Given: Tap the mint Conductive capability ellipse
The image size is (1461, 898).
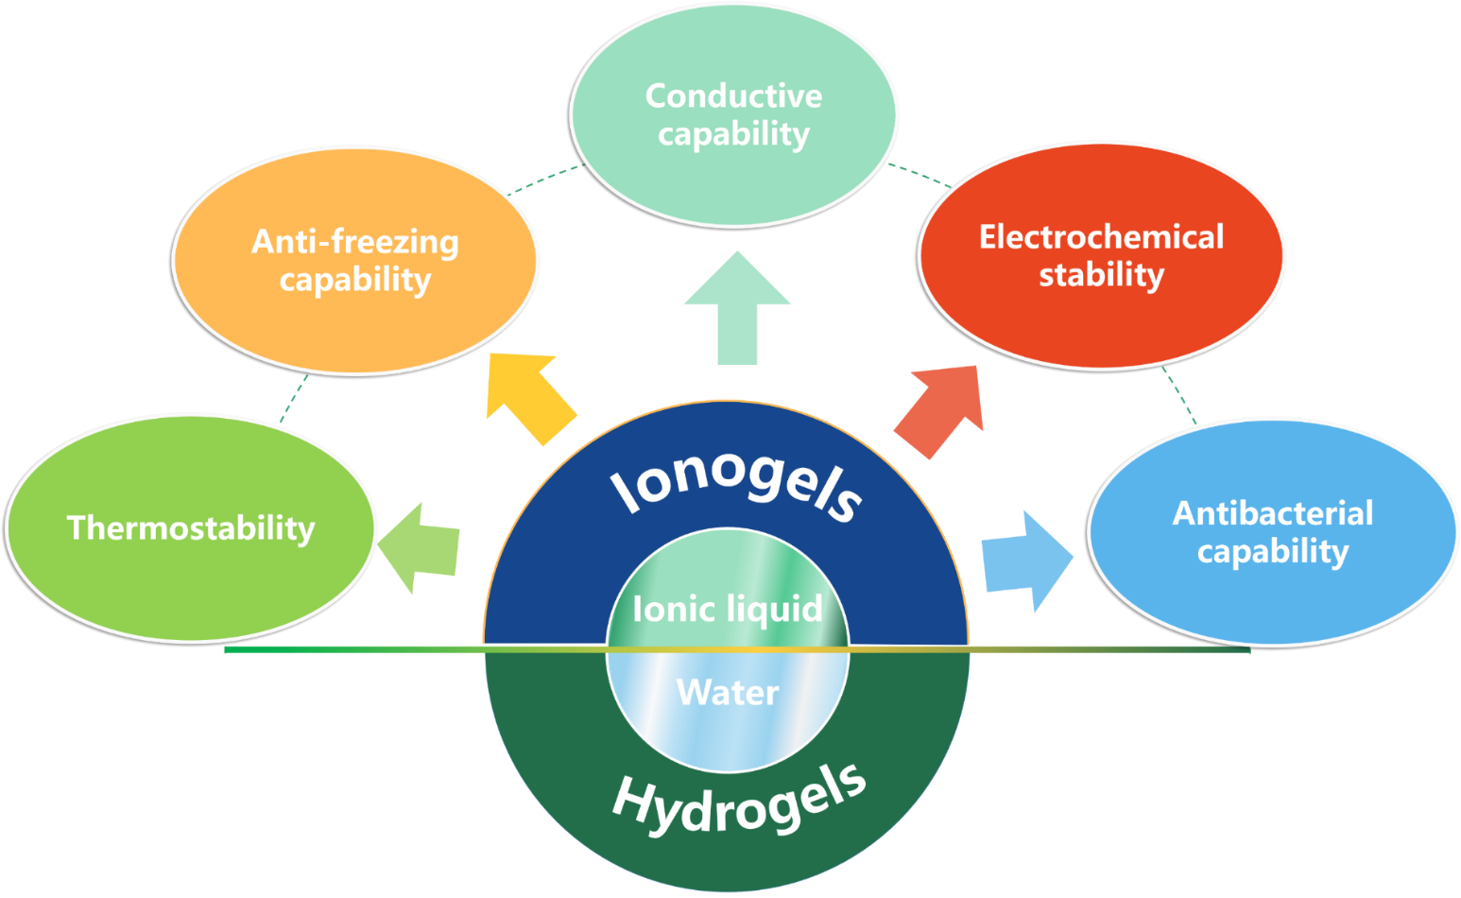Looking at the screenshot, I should click(x=733, y=180).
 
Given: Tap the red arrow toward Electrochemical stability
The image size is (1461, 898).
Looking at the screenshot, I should click(x=941, y=406).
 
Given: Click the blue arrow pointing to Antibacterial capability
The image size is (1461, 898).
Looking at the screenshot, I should click(x=1025, y=561).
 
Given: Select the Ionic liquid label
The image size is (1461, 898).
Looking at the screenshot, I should click(x=728, y=609).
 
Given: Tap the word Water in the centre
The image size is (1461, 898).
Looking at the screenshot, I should click(x=728, y=693).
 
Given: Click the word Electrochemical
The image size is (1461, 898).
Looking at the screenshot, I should click(x=1101, y=236).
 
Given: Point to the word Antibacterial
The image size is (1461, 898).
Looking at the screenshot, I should click(x=1272, y=513).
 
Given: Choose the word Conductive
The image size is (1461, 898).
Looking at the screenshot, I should click(x=733, y=95).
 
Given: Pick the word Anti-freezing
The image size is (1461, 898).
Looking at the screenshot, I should click(x=355, y=242).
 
